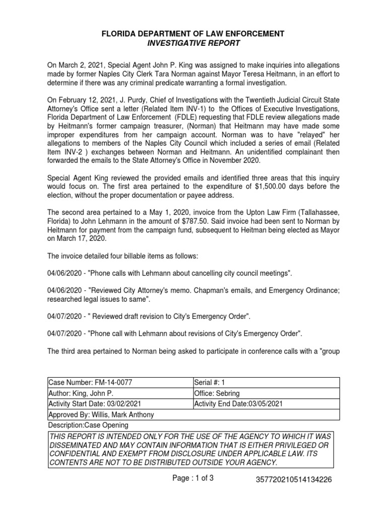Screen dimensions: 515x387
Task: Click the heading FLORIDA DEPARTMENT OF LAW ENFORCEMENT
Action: [193, 34]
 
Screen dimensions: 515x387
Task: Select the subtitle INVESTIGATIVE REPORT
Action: [193, 43]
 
